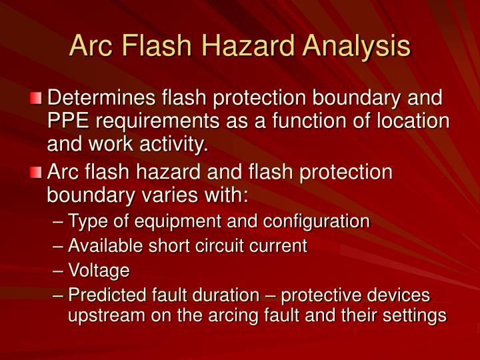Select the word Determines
(103, 99)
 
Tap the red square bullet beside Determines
(37, 99)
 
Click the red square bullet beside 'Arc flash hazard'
(37, 173)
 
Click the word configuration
(321, 221)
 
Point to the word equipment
(175, 221)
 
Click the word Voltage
(99, 271)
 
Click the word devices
(398, 295)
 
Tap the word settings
(413, 316)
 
